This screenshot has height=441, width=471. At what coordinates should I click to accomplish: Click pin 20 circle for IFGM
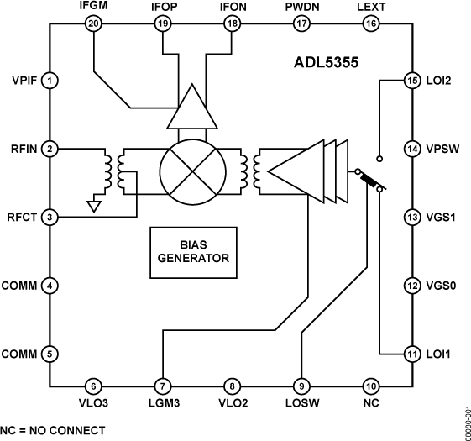point(93,24)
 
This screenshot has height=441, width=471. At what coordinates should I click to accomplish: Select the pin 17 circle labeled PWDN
point(301,24)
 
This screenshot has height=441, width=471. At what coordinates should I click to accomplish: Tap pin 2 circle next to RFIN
point(50,149)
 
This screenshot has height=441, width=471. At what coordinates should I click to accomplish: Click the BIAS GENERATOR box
point(192,252)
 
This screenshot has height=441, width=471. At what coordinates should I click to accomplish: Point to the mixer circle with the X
point(193,170)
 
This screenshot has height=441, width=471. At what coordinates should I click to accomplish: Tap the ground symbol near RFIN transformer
point(96,205)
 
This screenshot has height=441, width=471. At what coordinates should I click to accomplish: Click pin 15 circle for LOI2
point(411,81)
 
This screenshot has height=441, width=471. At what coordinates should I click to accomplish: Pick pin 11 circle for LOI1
point(411,354)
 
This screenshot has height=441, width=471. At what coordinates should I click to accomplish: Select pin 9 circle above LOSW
point(301,386)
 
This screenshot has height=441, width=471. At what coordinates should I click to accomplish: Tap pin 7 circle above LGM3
point(162,386)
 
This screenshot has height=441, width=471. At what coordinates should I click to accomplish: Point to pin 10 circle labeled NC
point(370,386)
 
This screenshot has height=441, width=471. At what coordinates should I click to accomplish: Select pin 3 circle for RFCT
point(50,218)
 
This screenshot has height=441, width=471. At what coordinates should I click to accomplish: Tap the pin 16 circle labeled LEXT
point(370,24)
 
